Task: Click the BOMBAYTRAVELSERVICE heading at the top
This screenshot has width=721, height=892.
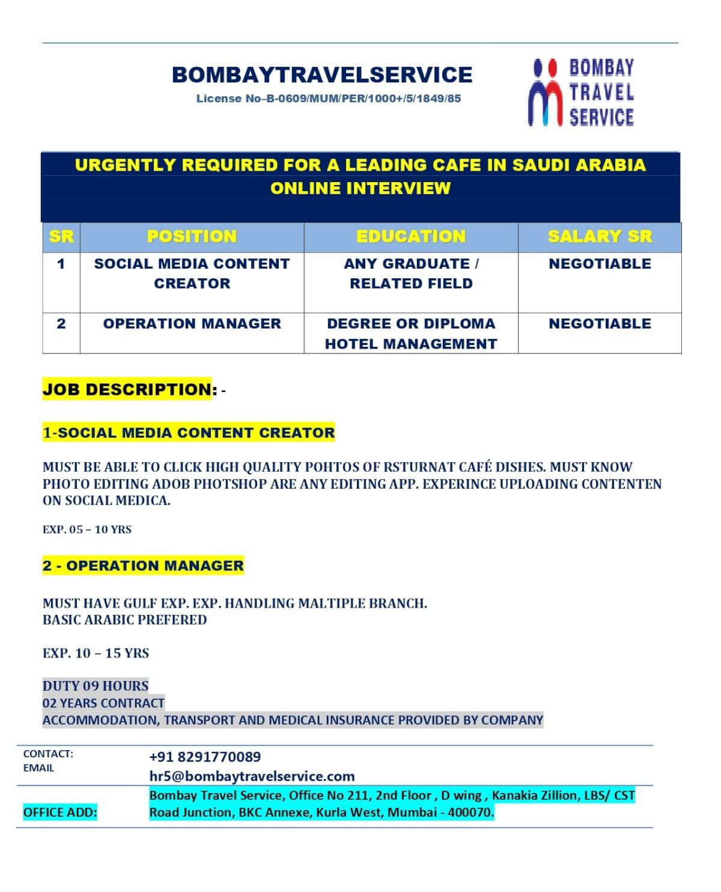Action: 322,75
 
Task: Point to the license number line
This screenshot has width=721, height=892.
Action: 328,99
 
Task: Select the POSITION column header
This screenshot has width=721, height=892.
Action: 192,237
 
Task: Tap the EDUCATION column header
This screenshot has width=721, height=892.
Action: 411,237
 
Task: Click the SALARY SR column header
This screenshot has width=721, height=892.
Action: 600,237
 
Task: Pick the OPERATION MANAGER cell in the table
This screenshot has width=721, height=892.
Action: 192,324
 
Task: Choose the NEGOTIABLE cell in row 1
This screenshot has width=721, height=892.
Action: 600,264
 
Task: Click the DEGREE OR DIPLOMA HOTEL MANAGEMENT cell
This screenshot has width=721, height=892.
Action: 411,334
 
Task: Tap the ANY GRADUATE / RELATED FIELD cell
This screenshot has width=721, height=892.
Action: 411,273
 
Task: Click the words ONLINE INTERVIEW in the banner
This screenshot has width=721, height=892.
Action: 360,189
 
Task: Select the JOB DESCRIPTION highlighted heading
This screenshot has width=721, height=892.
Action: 127,389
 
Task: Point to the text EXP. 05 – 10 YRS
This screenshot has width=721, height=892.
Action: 87,530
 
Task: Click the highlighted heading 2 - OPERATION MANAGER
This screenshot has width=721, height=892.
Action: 143,566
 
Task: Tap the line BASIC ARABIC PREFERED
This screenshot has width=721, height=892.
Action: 124,620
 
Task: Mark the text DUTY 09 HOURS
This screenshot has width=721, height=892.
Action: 96,686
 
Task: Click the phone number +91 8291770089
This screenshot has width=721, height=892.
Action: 205,757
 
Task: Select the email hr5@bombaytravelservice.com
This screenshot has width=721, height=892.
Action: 252,776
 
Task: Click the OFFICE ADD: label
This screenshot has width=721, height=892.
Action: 60,813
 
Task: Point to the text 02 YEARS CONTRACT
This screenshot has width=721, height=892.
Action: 103,703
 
